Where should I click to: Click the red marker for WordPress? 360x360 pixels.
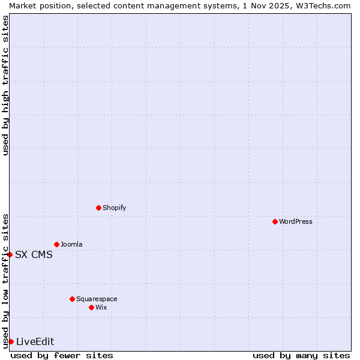pos(275,221)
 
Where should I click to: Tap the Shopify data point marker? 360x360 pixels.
pos(98,208)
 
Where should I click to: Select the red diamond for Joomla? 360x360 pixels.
pos(56,244)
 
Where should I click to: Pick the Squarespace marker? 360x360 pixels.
pos(72,299)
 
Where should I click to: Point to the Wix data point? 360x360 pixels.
pos(91,307)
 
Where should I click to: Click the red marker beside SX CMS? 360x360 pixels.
pos(10,254)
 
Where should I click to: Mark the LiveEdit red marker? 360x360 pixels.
pos(11,341)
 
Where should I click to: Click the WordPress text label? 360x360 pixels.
pos(296,221)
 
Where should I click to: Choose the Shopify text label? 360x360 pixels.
pos(115,208)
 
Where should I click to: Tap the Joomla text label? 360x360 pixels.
pos(71,244)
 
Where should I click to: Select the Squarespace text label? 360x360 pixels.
pos(97,299)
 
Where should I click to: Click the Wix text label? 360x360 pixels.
pos(101,307)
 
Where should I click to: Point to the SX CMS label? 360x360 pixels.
pos(34,254)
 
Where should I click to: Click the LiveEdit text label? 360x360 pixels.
pos(35,341)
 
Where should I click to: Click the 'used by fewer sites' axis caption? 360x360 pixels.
pos(62,355)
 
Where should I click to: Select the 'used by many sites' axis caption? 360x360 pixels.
pos(301,355)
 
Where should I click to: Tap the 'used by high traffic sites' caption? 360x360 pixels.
pos(5,85)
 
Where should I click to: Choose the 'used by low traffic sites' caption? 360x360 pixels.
pos(5,280)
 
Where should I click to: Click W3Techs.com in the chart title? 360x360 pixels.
pos(326,5)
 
